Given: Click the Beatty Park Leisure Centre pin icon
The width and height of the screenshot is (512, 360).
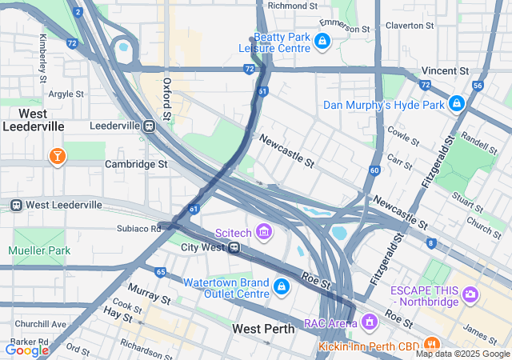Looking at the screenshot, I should pos(322,41).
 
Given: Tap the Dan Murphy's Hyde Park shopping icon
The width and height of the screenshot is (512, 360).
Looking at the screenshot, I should pos(457,104).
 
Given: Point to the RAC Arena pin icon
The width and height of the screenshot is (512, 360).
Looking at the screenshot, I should pos(369,322).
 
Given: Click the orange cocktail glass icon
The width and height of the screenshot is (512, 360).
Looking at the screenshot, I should pos(58,155).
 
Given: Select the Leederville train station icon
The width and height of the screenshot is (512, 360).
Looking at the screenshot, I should pos(149,126).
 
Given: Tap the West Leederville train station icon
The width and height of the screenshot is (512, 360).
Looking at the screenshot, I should pos(16,205).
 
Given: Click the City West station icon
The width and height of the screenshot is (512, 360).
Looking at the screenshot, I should pos(233,247).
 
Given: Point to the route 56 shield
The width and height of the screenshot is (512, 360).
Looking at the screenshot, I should pos(478,85).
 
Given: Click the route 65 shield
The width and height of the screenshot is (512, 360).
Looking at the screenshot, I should pos(161,273).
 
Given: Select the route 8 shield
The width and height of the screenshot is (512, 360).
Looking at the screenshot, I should pos(432,243).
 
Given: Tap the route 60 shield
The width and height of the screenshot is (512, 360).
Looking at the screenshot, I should pos(374,170).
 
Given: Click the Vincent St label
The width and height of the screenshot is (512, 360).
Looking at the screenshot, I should pos(442,70).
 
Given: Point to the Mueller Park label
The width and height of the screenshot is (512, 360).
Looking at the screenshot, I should pos(38,250).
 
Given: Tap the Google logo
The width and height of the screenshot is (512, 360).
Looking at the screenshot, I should pos(27,349).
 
